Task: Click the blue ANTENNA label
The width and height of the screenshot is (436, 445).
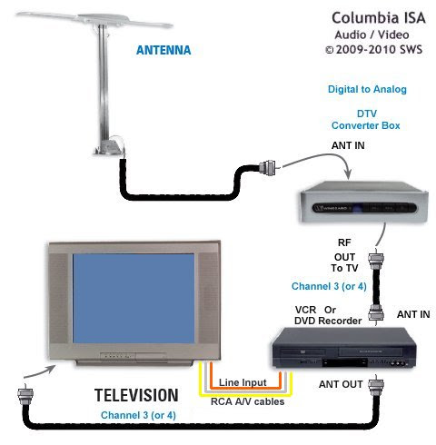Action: point(163,50)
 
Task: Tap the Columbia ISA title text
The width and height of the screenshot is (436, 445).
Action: point(379,18)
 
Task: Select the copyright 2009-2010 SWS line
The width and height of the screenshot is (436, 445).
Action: point(373,49)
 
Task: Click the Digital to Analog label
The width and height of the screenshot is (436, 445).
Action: point(367,89)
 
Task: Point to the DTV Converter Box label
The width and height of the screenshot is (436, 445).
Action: point(366,120)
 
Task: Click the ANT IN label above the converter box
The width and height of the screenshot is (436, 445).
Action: point(348,145)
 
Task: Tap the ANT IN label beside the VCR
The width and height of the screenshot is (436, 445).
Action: point(413,314)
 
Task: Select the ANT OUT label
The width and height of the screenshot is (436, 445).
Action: point(341,384)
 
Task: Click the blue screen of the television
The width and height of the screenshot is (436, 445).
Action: point(134,299)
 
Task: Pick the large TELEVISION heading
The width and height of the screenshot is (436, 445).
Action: point(136,395)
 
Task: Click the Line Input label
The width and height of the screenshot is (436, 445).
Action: point(243,382)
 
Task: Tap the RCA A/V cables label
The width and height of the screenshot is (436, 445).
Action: point(247,401)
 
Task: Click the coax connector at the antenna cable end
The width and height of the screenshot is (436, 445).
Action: point(268,167)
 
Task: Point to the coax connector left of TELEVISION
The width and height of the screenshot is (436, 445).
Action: point(25,394)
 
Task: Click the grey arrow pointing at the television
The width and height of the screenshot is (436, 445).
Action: point(40,372)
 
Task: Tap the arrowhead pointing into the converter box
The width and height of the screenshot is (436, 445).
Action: point(349,174)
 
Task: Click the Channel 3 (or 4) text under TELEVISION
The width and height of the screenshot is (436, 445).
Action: point(138,415)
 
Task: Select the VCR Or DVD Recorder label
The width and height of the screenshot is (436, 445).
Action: point(328,315)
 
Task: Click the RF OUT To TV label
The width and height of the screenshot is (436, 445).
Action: point(344,255)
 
